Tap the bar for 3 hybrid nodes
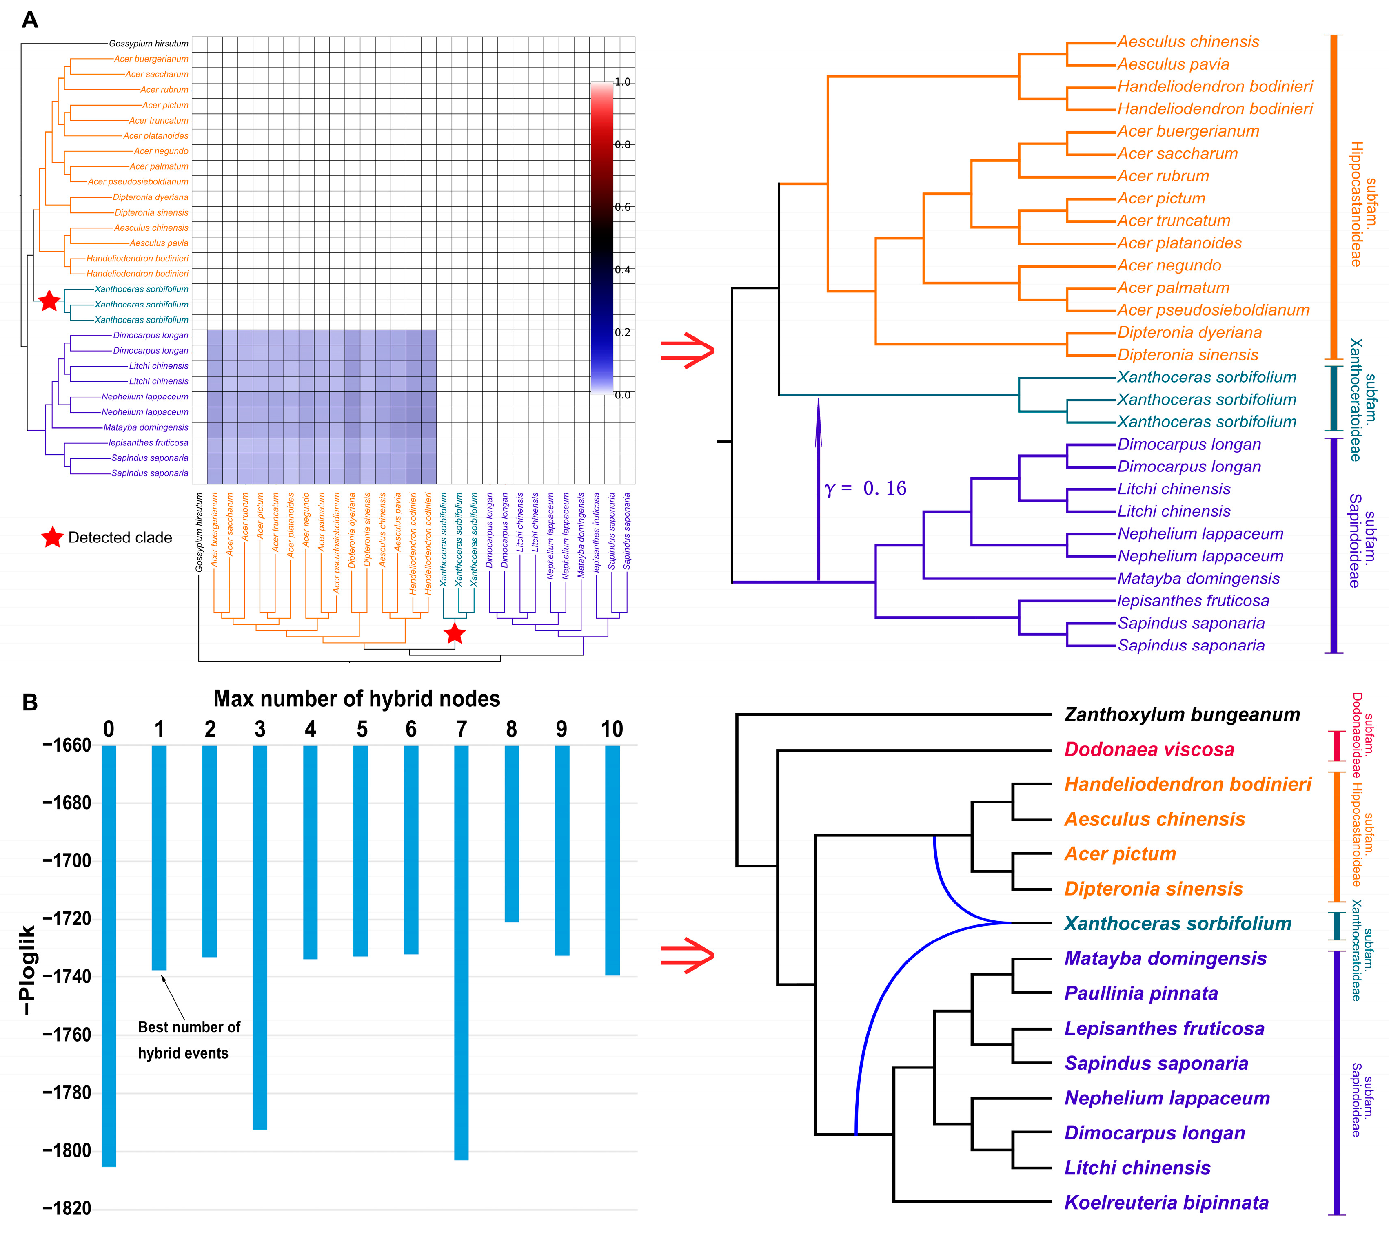click(260, 937)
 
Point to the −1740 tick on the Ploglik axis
click(67, 977)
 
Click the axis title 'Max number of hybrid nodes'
click(357, 699)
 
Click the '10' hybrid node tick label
click(612, 730)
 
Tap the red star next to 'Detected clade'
click(52, 538)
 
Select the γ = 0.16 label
click(865, 488)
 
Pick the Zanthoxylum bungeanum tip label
click(1182, 714)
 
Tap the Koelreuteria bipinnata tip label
click(1166, 1203)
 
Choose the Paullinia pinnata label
click(1141, 993)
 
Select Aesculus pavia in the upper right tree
click(1173, 64)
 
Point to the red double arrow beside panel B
click(688, 955)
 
